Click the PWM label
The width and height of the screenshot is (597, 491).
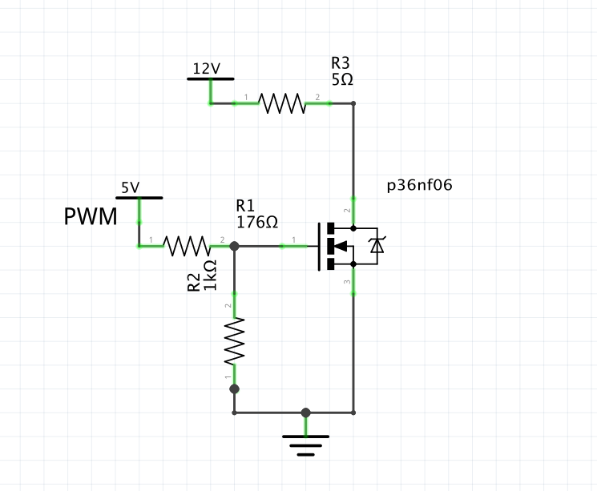click(x=91, y=216)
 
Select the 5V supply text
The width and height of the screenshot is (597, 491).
click(x=130, y=188)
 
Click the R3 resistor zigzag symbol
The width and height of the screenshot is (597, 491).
click(x=281, y=103)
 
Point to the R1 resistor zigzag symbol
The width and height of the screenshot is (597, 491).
click(x=187, y=246)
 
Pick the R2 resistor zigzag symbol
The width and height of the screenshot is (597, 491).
click(x=235, y=341)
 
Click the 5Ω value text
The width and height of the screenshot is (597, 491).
click(x=341, y=80)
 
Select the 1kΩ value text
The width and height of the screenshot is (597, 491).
click(x=210, y=275)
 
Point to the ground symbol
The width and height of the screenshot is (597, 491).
click(x=305, y=443)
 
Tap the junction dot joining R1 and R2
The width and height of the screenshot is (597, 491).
click(x=235, y=246)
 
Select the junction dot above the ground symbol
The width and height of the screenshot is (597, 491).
click(x=305, y=413)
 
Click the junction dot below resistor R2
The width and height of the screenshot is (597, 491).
click(x=235, y=389)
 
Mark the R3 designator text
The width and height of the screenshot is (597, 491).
click(x=340, y=63)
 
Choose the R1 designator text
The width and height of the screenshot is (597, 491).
click(x=244, y=205)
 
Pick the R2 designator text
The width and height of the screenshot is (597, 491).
click(x=194, y=282)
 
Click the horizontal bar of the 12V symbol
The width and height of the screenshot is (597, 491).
click(x=211, y=79)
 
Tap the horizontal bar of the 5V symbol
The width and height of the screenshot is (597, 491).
click(x=139, y=198)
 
